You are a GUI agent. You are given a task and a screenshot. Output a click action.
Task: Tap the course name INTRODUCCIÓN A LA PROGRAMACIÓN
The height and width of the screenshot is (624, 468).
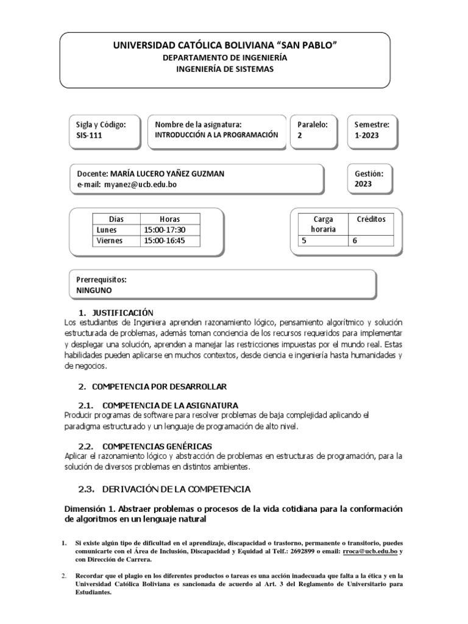tap(216, 135)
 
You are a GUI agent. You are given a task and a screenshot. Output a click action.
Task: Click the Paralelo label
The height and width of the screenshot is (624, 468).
tap(312, 124)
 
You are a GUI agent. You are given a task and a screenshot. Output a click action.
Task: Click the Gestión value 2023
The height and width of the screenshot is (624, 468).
tap(363, 185)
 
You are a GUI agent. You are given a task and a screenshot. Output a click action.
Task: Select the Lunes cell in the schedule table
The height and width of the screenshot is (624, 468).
tap(107, 230)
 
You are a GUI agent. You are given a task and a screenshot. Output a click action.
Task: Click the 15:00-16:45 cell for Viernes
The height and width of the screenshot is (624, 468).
tap(165, 241)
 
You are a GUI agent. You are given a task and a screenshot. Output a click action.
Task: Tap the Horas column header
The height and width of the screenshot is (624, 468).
tap(169, 219)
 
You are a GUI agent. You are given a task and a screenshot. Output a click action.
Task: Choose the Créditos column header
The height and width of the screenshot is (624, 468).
tap(370, 219)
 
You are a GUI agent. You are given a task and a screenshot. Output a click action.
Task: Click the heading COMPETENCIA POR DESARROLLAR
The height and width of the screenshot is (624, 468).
tap(159, 387)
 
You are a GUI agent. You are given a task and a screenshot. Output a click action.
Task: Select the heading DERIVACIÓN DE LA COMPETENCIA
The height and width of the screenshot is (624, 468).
tap(176, 489)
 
